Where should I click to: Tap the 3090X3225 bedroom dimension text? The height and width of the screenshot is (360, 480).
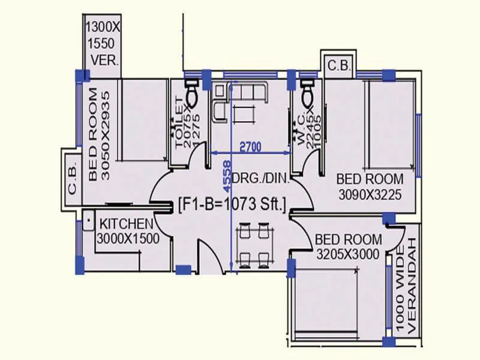tap(369, 194)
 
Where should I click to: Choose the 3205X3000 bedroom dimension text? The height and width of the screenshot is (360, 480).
tap(348, 254)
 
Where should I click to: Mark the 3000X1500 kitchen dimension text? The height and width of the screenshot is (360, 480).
tap(128, 238)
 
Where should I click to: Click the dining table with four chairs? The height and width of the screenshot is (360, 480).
tap(252, 245)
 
